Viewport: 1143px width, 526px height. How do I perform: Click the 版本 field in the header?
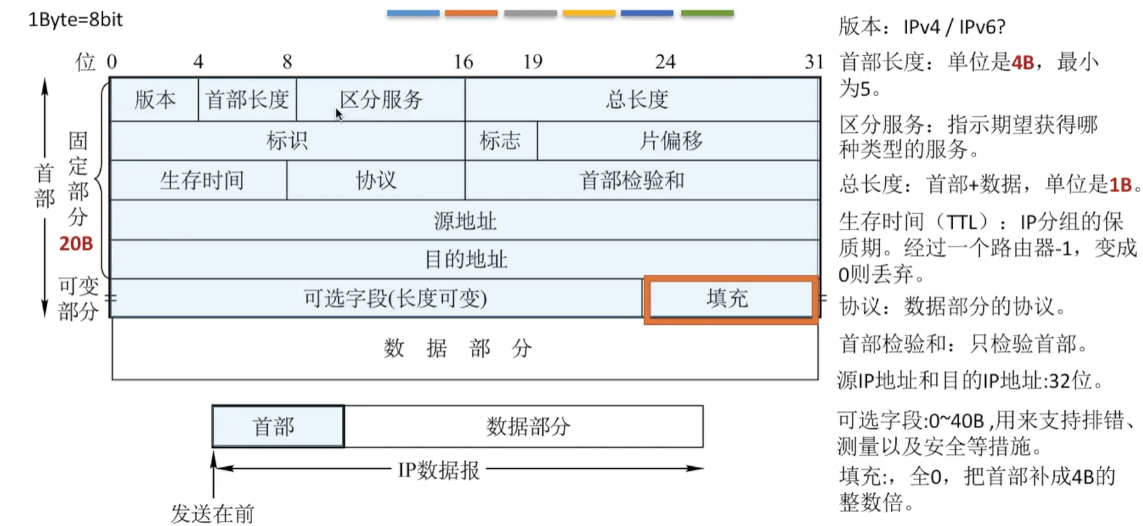pos(155,99)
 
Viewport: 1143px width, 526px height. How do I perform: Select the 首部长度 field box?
pos(247,99)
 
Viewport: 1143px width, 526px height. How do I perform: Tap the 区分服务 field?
pos(381,99)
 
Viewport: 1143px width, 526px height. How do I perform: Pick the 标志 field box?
pos(500,141)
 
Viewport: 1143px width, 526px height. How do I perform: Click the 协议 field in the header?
pos(376,181)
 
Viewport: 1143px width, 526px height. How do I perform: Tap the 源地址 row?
pos(464,221)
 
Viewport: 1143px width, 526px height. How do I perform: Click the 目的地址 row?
pos(464,260)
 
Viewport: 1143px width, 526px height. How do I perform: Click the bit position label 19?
pos(533,62)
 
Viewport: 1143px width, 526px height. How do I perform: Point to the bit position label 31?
pos(814,62)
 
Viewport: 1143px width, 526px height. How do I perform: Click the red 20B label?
pos(76,244)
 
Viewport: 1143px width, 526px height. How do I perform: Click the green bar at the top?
pos(707,13)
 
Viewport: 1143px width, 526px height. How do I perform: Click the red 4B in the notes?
pos(1023,63)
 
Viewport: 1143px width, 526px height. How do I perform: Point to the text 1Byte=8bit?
pos(75,19)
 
